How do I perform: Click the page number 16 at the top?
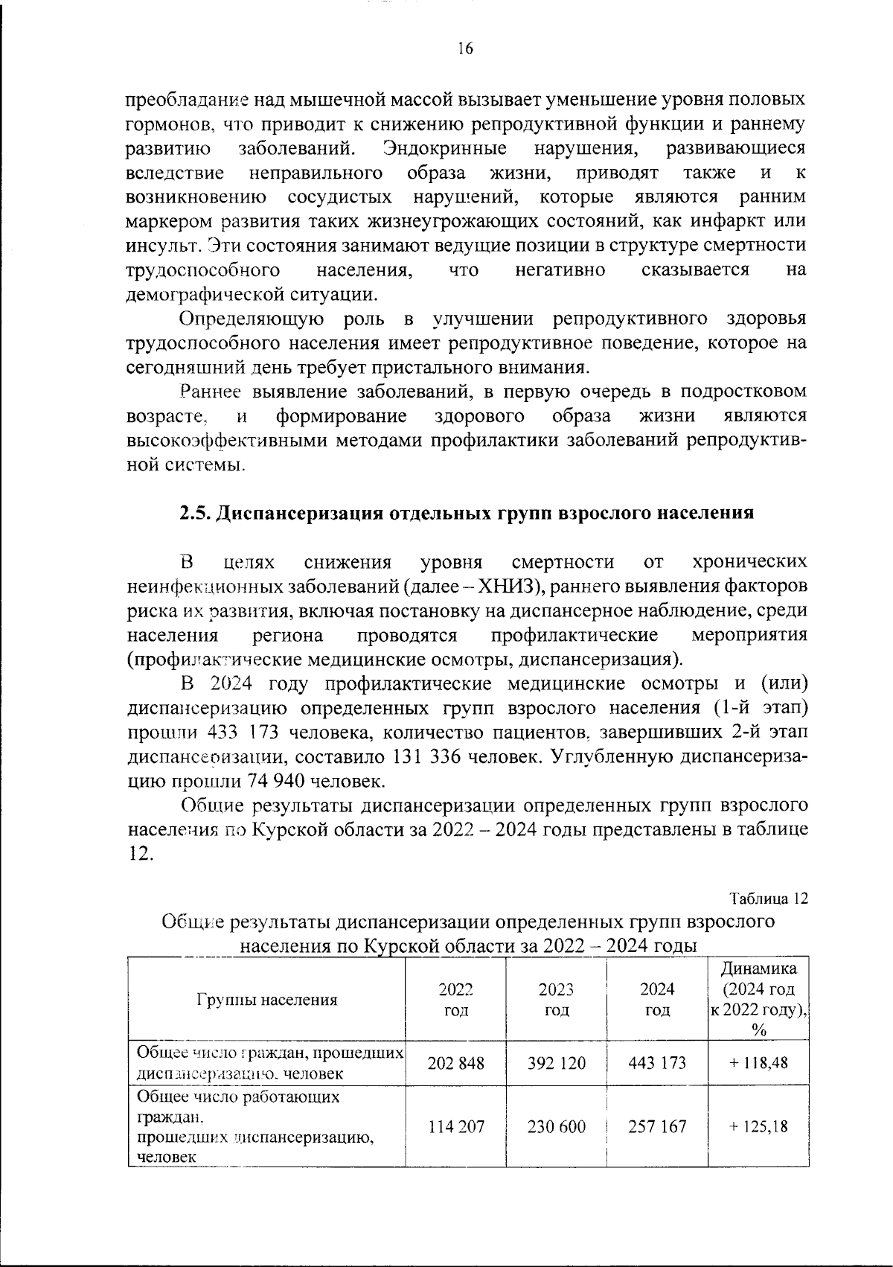[x=464, y=49]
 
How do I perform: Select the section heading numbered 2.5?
[x=467, y=513]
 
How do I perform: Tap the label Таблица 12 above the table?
[x=769, y=898]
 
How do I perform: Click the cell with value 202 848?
[x=455, y=1063]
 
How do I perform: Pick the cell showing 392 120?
[x=556, y=1063]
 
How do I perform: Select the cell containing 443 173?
[x=657, y=1063]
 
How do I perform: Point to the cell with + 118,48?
[x=758, y=1063]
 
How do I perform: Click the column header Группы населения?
[x=266, y=1000]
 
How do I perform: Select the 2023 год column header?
[x=556, y=1000]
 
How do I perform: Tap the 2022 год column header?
[x=455, y=1000]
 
